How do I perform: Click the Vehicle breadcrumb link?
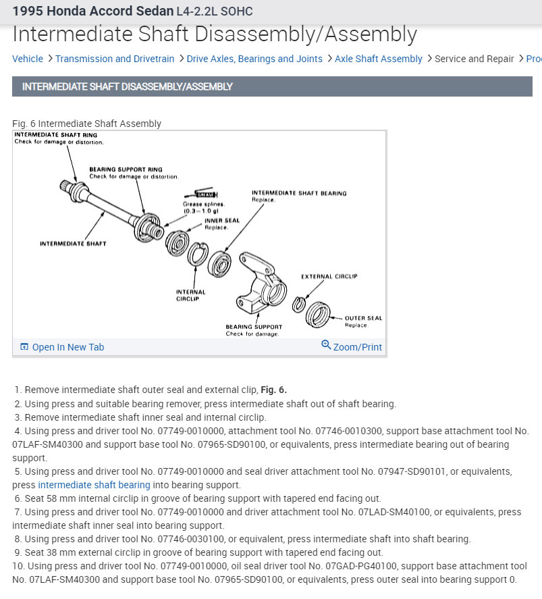(28, 59)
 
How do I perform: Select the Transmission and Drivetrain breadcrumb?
(115, 59)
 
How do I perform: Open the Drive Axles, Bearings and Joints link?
(254, 59)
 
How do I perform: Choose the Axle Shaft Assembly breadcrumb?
(379, 59)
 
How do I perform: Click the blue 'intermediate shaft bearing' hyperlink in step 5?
(94, 485)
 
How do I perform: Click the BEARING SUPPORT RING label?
(126, 170)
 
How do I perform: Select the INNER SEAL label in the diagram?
(222, 221)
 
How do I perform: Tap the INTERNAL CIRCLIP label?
(190, 295)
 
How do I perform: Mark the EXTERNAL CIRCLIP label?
(329, 276)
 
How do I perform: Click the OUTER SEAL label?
(363, 318)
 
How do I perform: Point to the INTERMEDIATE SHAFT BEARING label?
(299, 193)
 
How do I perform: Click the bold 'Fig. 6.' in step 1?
(273, 390)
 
